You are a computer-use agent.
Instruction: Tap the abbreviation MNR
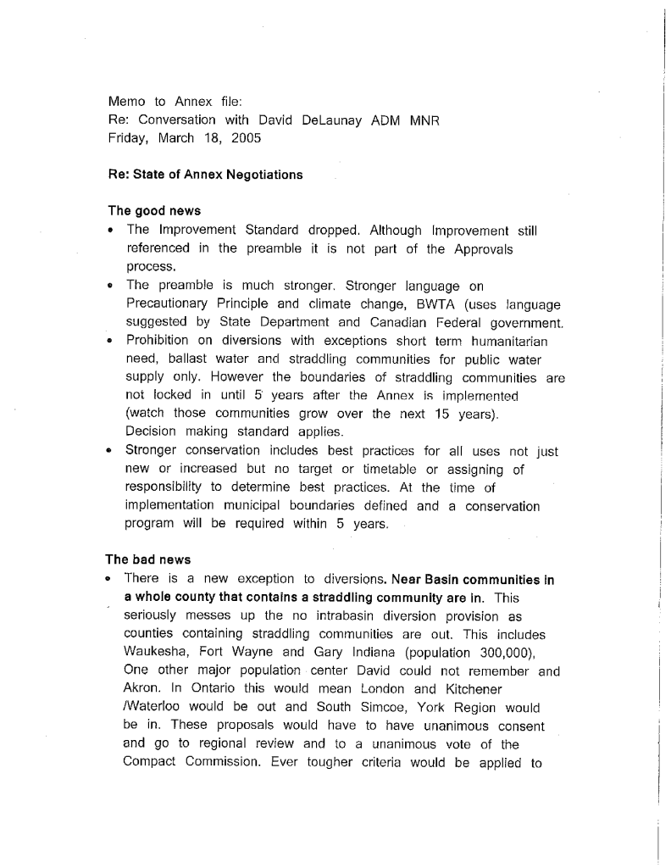pos(424,120)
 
